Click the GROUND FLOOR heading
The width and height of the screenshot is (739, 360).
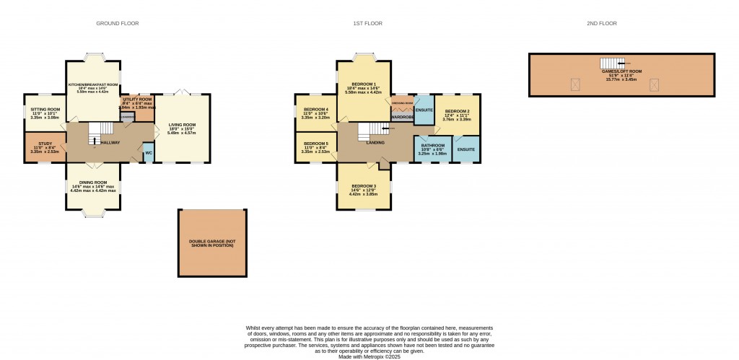click(118, 24)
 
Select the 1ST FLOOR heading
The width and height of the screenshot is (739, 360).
click(367, 24)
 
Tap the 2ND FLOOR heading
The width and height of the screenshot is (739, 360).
click(602, 24)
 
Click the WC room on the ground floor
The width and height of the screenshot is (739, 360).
click(148, 153)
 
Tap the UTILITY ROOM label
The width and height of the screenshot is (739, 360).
click(136, 99)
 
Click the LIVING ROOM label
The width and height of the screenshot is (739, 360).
click(183, 125)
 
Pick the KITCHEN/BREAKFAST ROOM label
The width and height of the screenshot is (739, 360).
click(93, 84)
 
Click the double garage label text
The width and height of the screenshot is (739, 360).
click(212, 242)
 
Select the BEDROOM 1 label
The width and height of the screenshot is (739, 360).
click(364, 84)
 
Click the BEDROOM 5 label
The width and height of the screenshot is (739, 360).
click(315, 144)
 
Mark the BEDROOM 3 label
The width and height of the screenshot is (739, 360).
click(364, 186)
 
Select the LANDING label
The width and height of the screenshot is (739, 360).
click(376, 142)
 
